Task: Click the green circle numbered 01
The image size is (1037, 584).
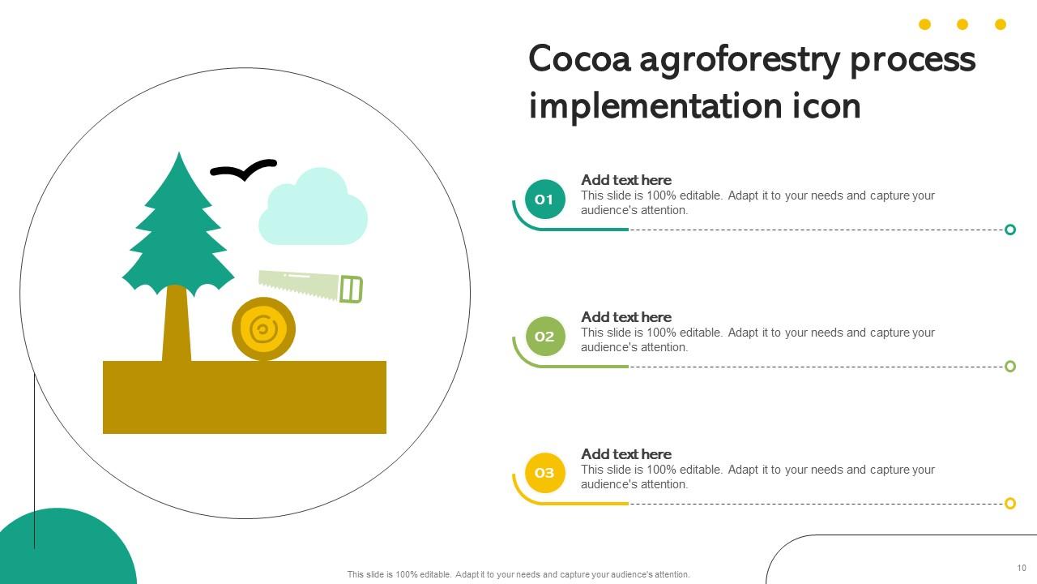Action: [x=544, y=200]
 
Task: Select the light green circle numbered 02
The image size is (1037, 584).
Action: [x=544, y=337]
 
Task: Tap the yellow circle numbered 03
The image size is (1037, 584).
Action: [x=544, y=473]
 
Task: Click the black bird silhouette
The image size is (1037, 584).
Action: [x=243, y=170]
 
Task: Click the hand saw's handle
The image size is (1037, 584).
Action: [x=351, y=290]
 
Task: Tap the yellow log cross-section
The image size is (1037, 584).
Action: [x=263, y=329]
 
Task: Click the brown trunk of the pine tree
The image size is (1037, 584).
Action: [x=177, y=324]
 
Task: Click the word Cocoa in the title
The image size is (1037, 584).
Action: [x=579, y=60]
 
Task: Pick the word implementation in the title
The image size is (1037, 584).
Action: [x=655, y=107]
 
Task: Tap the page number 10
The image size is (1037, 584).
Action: [x=1022, y=568]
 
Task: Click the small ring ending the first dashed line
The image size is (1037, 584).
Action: [x=1010, y=230]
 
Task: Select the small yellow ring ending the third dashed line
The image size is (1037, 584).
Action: [x=1010, y=504]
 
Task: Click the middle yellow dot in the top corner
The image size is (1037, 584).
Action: [x=962, y=24]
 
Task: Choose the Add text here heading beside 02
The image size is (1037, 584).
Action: [x=626, y=317]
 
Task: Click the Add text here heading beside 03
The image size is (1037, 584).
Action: [x=626, y=454]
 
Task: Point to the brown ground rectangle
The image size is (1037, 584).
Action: [x=244, y=397]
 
